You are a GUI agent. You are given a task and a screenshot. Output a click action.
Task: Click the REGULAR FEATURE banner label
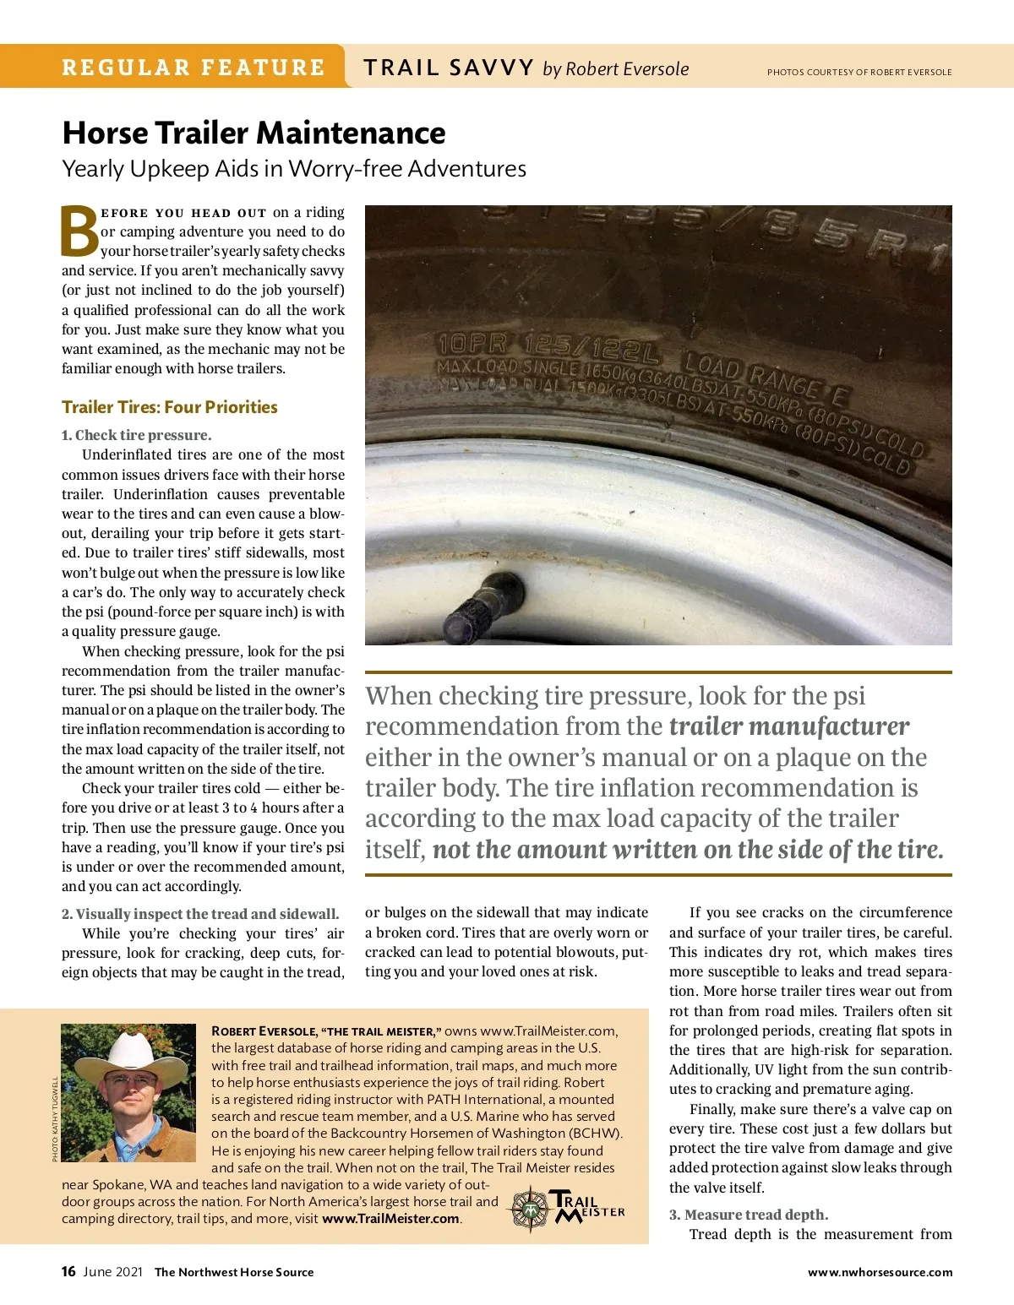pos(193,68)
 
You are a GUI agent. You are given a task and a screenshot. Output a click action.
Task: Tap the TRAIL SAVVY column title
pos(449,68)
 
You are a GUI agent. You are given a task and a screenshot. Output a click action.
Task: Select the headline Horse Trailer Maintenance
pos(253,133)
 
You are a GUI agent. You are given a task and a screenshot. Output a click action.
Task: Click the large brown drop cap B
pos(79,231)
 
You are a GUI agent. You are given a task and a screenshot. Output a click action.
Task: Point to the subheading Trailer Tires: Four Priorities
pos(169,407)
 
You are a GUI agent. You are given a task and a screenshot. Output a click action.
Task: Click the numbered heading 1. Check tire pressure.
pos(136,435)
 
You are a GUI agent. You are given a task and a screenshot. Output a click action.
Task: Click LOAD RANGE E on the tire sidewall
pos(766,379)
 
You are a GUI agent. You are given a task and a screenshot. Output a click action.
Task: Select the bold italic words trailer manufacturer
pos(788,726)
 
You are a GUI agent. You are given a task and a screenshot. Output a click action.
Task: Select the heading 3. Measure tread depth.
pos(749,1215)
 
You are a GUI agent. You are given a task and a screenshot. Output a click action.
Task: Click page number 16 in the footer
pos(68,1271)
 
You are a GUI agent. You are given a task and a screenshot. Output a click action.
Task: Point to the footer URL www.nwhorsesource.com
pos(880,1272)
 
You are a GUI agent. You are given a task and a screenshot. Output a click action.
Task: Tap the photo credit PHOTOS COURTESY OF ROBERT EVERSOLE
pos(859,73)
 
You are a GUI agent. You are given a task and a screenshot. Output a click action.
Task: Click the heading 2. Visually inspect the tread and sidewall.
pos(200,914)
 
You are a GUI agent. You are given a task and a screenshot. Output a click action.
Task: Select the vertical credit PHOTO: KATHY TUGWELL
pos(56,1118)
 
